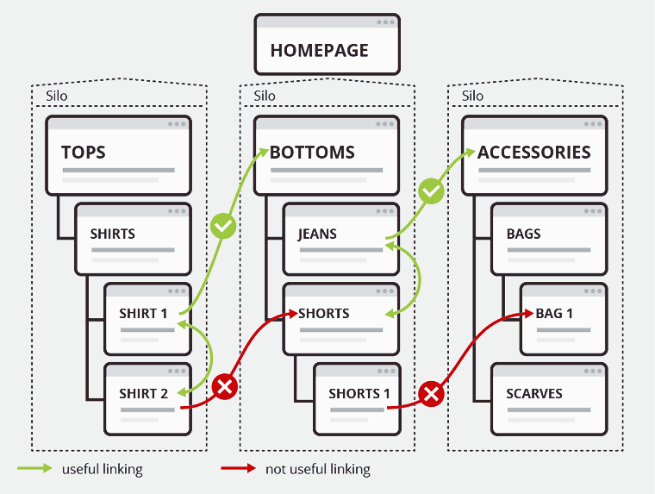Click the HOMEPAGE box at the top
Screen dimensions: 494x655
[327, 44]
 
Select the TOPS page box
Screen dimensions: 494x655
[118, 154]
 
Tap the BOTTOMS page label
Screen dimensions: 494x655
[312, 153]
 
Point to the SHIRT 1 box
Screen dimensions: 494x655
[147, 318]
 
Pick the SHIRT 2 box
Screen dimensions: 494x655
[147, 397]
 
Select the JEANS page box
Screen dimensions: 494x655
[340, 236]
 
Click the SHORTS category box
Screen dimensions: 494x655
[340, 316]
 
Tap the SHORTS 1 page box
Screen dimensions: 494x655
[357, 397]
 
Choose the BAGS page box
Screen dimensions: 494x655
[549, 236]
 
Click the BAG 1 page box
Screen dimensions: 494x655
[564, 317]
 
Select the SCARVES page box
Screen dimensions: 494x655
[549, 397]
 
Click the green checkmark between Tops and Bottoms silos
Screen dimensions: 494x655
[223, 228]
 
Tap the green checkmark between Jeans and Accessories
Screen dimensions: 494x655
[431, 191]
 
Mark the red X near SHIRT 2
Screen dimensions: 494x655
[224, 386]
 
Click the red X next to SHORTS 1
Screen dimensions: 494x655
[431, 395]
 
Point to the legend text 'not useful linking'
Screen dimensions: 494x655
[318, 470]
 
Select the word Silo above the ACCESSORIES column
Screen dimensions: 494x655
[472, 96]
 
